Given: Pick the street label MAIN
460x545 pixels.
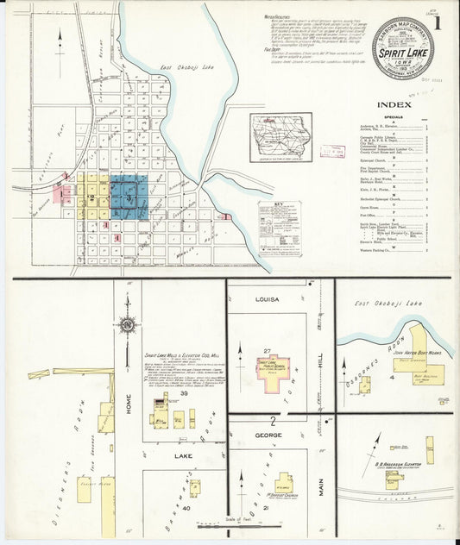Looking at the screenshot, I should (x=321, y=488).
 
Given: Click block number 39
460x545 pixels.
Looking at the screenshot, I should (x=185, y=392).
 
